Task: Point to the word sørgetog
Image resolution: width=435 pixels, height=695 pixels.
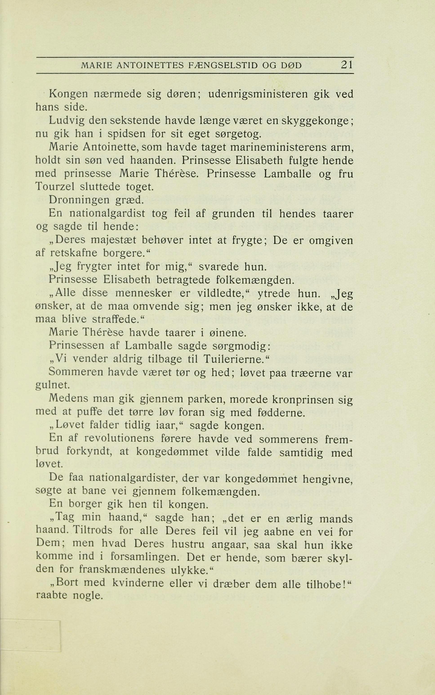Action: pyautogui.click(x=239, y=134)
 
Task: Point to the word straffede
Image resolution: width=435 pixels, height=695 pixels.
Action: pyautogui.click(x=115, y=320)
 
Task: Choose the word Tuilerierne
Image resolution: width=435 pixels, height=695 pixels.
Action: pyautogui.click(x=233, y=359)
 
